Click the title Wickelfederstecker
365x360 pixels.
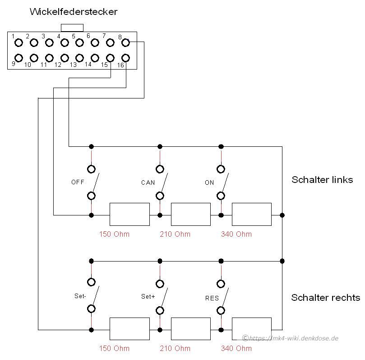click(74, 12)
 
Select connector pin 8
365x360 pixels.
click(125, 42)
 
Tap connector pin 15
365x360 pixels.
click(110, 58)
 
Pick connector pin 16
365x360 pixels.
click(125, 57)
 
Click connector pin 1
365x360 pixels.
click(18, 42)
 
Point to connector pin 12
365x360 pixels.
click(65, 57)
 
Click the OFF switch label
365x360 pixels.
click(78, 182)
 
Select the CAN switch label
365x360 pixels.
click(148, 182)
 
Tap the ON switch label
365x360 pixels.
click(209, 182)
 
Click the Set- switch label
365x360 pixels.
click(80, 296)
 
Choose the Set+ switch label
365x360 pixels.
click(148, 296)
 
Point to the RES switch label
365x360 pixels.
click(212, 298)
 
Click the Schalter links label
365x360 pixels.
click(322, 180)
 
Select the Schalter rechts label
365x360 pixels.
click(326, 298)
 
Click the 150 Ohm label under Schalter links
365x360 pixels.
click(114, 234)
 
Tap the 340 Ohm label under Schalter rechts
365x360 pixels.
click(236, 348)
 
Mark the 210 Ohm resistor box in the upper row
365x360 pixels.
click(191, 215)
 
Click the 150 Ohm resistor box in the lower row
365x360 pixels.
click(129, 329)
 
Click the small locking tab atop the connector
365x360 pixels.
click(72, 28)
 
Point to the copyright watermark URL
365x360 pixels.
click(290, 338)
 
